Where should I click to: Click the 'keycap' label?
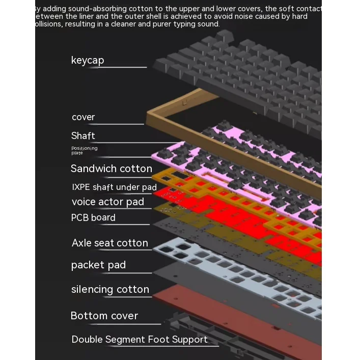[x=88, y=60]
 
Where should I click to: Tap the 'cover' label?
[x=84, y=117]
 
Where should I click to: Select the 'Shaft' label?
[x=83, y=135]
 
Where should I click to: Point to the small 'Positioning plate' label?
[x=84, y=150]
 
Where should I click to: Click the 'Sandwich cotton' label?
[x=111, y=169]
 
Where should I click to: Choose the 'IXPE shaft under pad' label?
[x=114, y=187]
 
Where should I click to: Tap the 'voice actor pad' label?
[x=107, y=202]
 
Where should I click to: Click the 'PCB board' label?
[x=93, y=217]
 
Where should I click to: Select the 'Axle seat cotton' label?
[x=109, y=243]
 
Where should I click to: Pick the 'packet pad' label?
[x=98, y=265]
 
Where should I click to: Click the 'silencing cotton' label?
[x=110, y=289]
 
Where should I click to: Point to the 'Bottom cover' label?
[x=104, y=316]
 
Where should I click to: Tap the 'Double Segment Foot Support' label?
[x=139, y=339]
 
